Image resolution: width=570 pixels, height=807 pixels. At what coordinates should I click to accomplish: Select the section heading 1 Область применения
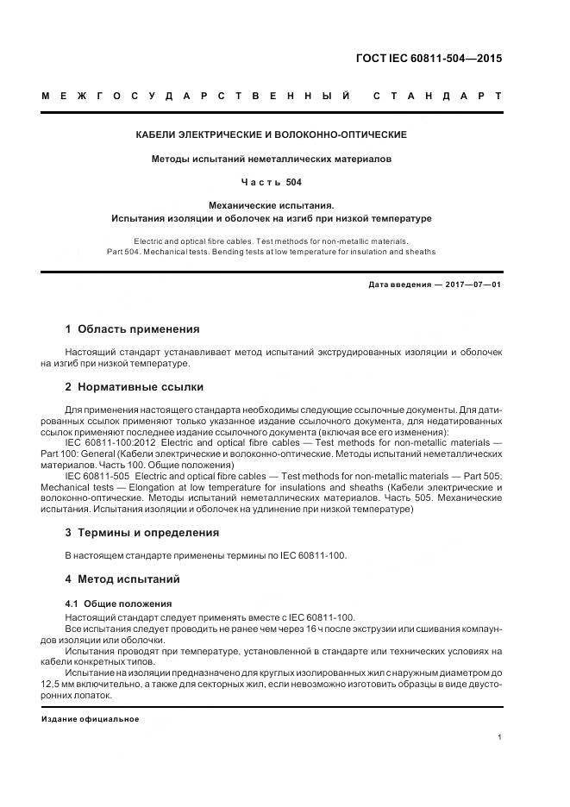[x=133, y=328]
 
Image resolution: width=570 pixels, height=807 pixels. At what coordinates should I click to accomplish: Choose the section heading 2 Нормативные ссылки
[x=135, y=386]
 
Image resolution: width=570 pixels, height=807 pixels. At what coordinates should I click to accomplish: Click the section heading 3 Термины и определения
[x=142, y=532]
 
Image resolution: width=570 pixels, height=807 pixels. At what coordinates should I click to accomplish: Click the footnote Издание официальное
[x=90, y=718]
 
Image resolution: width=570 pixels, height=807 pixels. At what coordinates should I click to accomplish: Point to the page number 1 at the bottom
[x=500, y=737]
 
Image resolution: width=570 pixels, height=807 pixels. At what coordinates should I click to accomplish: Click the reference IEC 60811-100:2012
[x=110, y=441]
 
